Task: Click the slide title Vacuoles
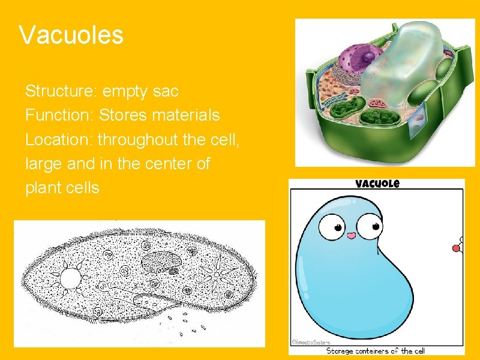(x=71, y=35)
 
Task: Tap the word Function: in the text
(x=59, y=114)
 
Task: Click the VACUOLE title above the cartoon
(x=377, y=184)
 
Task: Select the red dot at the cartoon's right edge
(x=455, y=247)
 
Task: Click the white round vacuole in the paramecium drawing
(x=71, y=278)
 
